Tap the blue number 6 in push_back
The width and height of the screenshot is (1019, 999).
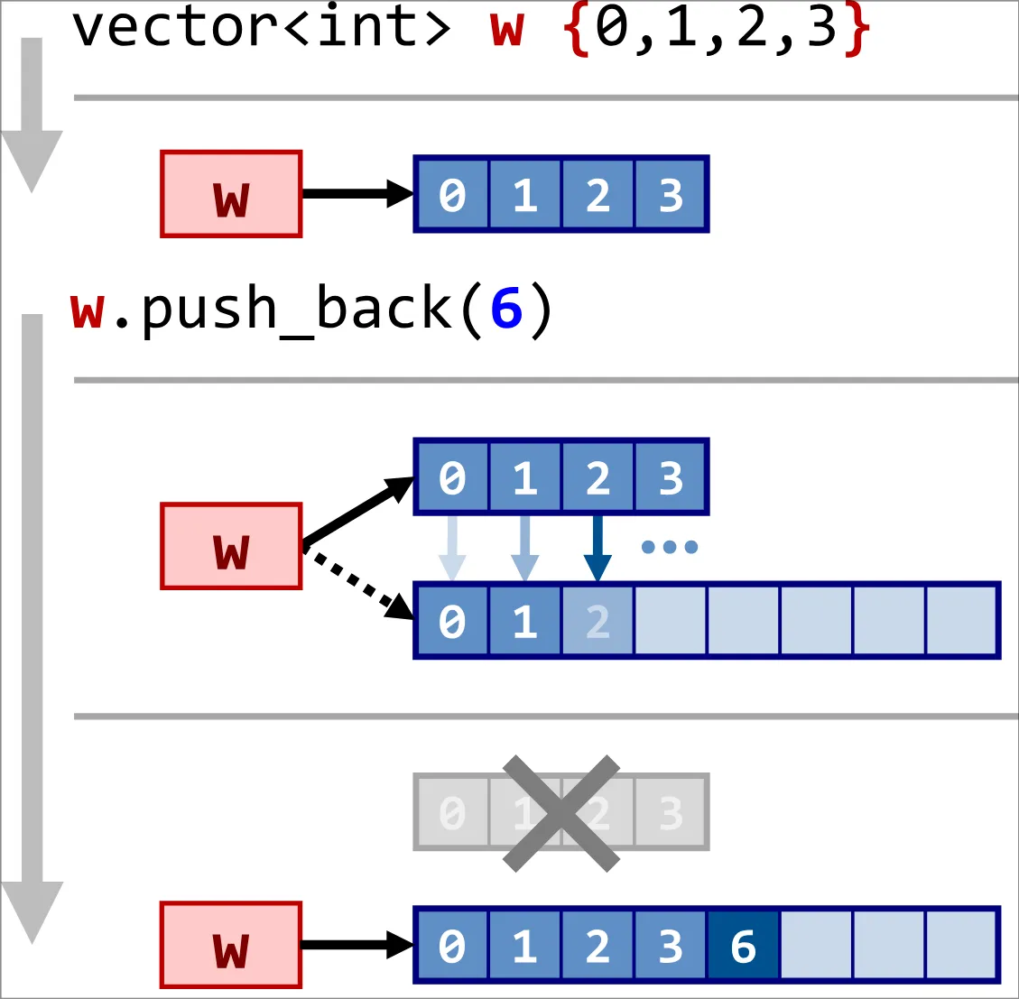point(506,310)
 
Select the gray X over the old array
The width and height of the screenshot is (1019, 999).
point(561,813)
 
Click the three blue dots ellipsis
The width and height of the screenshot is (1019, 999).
point(669,547)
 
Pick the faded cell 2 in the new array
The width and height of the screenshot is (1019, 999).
point(598,622)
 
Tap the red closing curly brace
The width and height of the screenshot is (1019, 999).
point(857,30)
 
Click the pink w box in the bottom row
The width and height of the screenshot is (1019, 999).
point(231,945)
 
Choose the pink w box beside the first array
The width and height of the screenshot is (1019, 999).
point(231,194)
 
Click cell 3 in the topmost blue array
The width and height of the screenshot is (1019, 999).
point(671,194)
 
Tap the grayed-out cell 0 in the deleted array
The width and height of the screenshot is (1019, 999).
point(451,813)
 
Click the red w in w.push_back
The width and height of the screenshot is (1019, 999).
point(88,310)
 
